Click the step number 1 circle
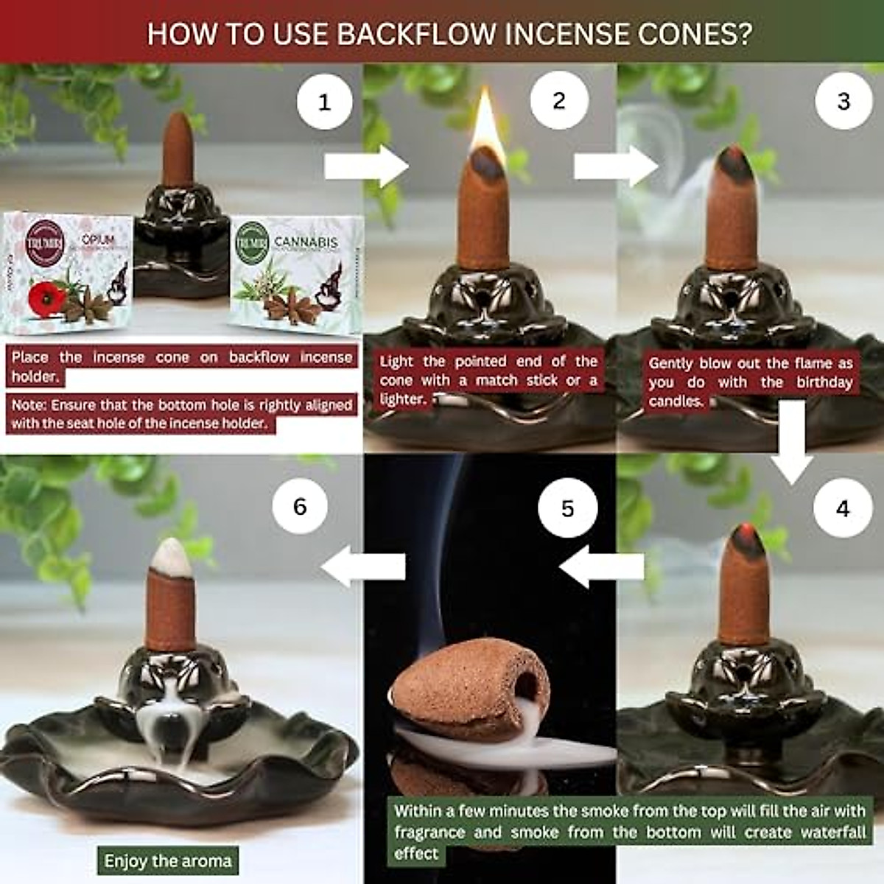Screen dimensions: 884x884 point(324,102)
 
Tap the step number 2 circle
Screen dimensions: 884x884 point(559,100)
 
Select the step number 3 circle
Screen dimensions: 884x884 point(843,101)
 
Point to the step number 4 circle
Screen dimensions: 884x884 point(843,508)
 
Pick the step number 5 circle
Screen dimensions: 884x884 point(567,509)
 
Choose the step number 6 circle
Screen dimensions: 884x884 point(300,507)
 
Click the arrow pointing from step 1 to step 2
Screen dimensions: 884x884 point(366,166)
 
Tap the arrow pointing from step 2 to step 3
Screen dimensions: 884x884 point(616,166)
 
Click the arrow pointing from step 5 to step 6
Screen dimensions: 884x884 point(364,566)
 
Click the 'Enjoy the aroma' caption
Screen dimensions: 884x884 point(168,860)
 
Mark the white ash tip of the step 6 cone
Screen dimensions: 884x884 point(170,554)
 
